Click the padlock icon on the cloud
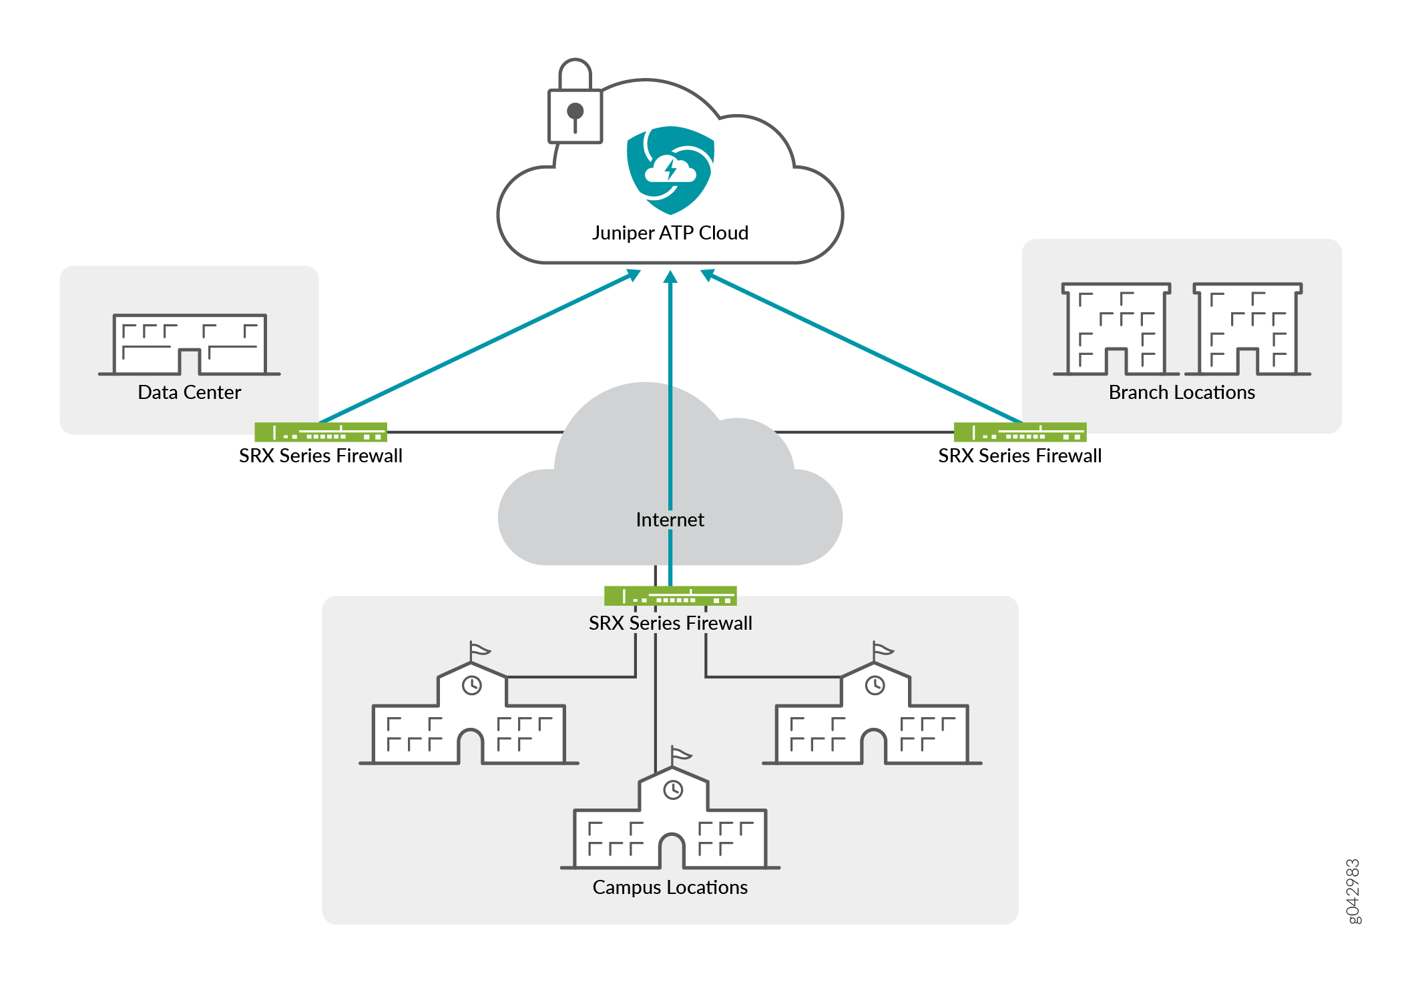tap(575, 107)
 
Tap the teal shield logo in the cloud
tap(670, 170)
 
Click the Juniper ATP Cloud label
tap(670, 233)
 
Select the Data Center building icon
tap(190, 344)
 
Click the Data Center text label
tap(189, 392)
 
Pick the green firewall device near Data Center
tap(320, 432)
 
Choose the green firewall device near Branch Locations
tap(1019, 432)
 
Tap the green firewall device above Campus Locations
tap(670, 596)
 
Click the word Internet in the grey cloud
tap(670, 520)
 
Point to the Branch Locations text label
tap(1182, 392)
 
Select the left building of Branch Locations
tap(1116, 329)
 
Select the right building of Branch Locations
tap(1247, 329)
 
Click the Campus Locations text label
tap(670, 887)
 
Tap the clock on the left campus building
tap(472, 685)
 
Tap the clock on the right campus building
tap(875, 685)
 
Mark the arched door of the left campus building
tap(471, 747)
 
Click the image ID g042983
tap(1353, 891)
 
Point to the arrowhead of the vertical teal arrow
tap(670, 276)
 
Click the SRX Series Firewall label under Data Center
tap(320, 456)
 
